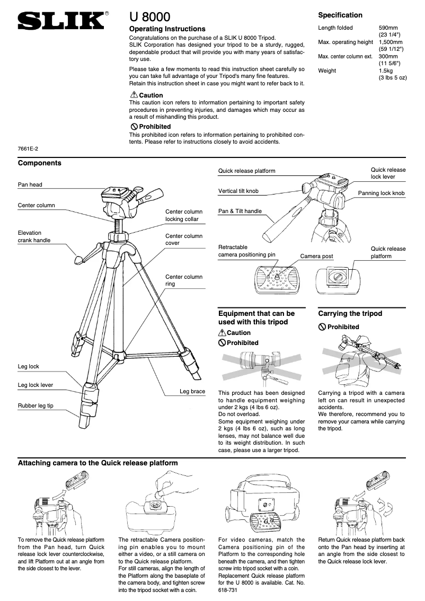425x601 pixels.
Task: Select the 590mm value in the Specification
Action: (x=388, y=28)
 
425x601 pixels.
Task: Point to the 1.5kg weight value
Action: (x=386, y=70)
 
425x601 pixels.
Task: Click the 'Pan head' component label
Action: (x=30, y=184)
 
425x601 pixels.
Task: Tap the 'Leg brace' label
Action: (x=192, y=392)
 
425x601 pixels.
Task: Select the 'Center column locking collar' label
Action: (x=184, y=215)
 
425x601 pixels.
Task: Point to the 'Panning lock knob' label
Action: (x=381, y=193)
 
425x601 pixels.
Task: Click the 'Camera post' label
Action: (x=316, y=256)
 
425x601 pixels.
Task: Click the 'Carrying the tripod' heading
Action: (x=350, y=313)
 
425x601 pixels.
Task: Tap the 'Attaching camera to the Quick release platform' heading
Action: (x=98, y=463)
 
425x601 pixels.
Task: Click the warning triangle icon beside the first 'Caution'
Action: (x=134, y=95)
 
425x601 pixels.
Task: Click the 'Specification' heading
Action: (x=340, y=15)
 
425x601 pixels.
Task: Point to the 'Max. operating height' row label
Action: (x=346, y=42)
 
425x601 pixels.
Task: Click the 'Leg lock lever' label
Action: (x=36, y=385)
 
